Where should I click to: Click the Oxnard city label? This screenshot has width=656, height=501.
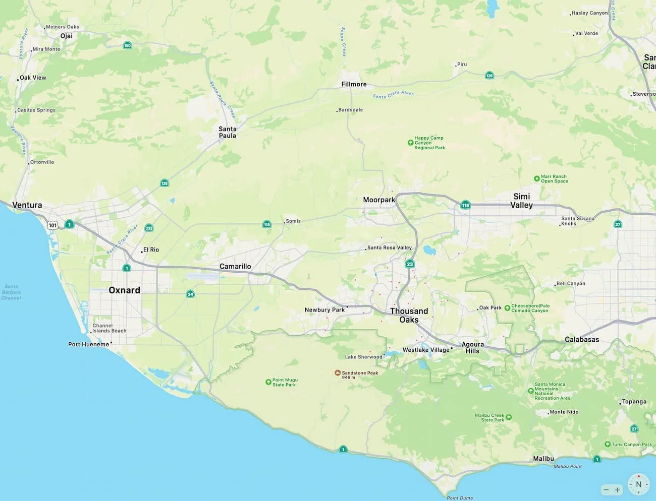click(x=124, y=290)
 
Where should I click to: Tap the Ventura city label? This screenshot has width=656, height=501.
click(x=27, y=205)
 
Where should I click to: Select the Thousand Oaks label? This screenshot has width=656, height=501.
click(x=409, y=315)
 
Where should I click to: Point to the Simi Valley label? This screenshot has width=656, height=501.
click(x=521, y=201)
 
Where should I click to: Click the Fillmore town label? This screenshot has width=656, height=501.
click(x=354, y=84)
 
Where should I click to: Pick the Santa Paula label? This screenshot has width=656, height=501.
click(x=227, y=132)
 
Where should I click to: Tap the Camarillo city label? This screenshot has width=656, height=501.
click(x=235, y=266)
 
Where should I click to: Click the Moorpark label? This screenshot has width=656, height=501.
click(x=379, y=200)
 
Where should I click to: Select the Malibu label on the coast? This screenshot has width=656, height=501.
click(x=543, y=459)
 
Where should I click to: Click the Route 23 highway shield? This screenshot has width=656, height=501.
click(x=410, y=264)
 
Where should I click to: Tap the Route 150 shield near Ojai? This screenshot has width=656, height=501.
click(x=127, y=45)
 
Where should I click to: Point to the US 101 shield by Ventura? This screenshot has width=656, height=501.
click(x=52, y=225)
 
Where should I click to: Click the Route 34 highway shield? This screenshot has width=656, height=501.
click(x=190, y=294)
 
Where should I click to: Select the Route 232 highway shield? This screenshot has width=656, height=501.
click(x=149, y=228)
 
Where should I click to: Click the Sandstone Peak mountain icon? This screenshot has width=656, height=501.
click(x=338, y=373)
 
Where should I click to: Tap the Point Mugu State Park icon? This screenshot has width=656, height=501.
click(x=268, y=382)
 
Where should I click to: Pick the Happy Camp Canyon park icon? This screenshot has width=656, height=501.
click(x=410, y=143)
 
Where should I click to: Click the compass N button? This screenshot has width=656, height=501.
click(x=638, y=484)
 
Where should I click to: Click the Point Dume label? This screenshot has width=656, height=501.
click(x=460, y=497)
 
